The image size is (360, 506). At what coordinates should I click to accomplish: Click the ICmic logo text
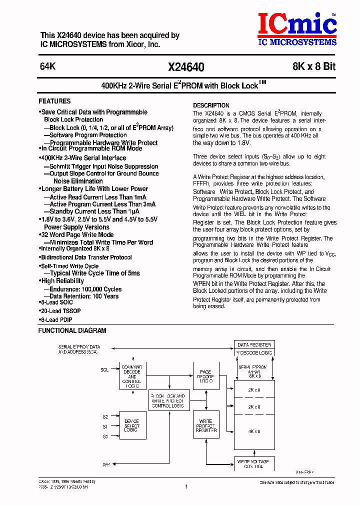[297, 24]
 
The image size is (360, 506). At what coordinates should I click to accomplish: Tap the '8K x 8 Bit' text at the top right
[314, 67]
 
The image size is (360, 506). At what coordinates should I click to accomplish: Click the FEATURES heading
[54, 101]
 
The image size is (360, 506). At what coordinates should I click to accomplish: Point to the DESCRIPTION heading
[211, 105]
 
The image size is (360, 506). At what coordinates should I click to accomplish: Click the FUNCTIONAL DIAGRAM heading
[72, 330]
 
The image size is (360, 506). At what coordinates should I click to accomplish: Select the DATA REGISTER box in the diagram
[254, 344]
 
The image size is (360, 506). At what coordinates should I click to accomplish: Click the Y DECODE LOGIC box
[254, 352]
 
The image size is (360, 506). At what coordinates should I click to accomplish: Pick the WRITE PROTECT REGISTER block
[205, 425]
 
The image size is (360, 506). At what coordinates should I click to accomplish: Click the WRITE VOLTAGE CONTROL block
[254, 464]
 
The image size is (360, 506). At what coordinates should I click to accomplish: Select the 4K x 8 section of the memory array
[254, 431]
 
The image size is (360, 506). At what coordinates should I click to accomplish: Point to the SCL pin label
[104, 370]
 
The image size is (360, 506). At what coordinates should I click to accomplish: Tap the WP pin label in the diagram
[106, 464]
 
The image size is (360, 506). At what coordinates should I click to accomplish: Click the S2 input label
[105, 416]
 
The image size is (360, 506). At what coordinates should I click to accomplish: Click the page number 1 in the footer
[186, 486]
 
